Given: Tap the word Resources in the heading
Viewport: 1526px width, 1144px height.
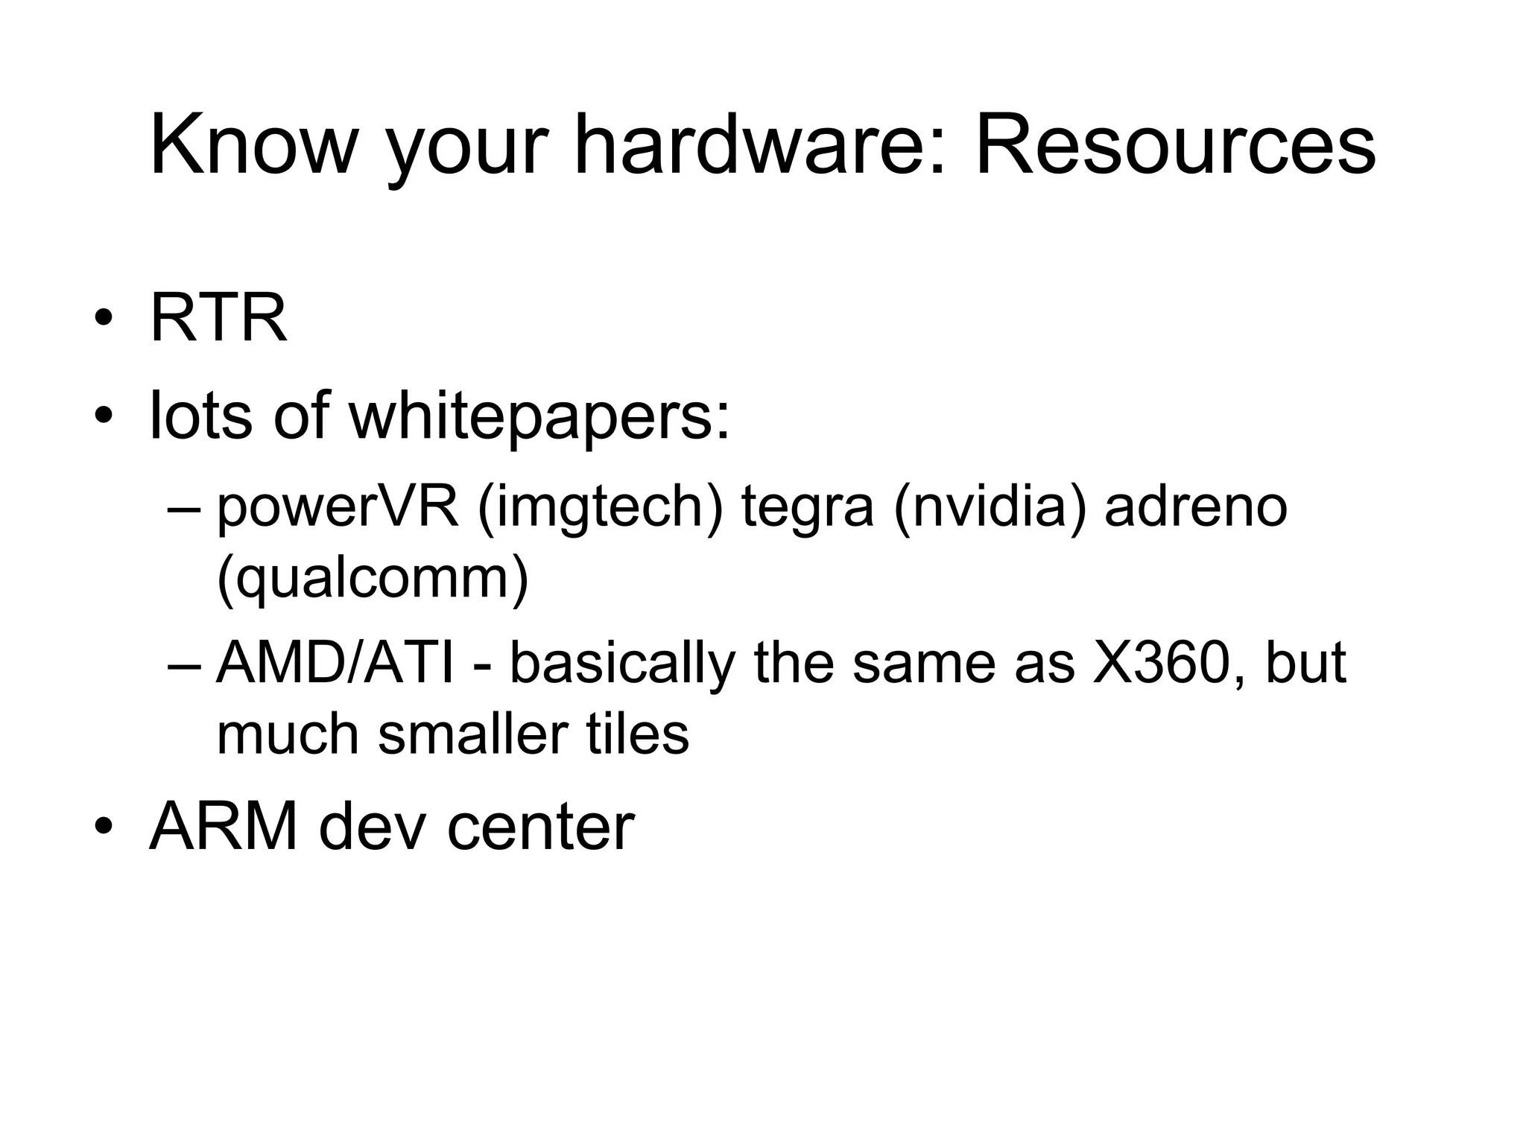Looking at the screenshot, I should tap(1175, 145).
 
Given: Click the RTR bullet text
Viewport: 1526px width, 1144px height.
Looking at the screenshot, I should tap(218, 319).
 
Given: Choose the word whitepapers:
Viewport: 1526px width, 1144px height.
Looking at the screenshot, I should tap(540, 417).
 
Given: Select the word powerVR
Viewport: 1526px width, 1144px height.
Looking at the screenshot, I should tap(338, 509).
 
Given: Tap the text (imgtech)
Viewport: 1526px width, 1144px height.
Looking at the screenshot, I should tap(601, 509).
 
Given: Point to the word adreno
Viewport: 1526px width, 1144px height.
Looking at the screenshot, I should tap(1195, 509).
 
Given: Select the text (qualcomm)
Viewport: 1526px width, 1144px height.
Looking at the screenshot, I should tap(373, 579).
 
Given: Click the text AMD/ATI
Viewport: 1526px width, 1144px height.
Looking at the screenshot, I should tap(335, 663).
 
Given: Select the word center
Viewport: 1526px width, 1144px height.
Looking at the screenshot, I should tap(540, 828).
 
